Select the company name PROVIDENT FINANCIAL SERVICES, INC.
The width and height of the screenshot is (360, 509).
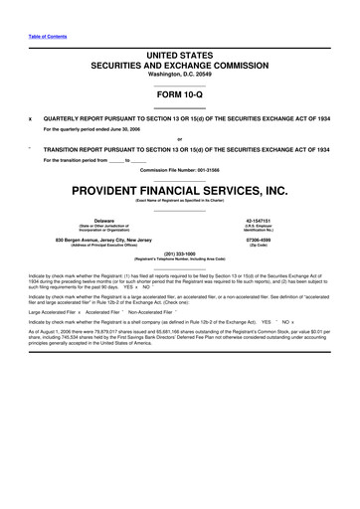(180, 189)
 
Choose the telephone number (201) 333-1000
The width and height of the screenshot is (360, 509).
(180, 253)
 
